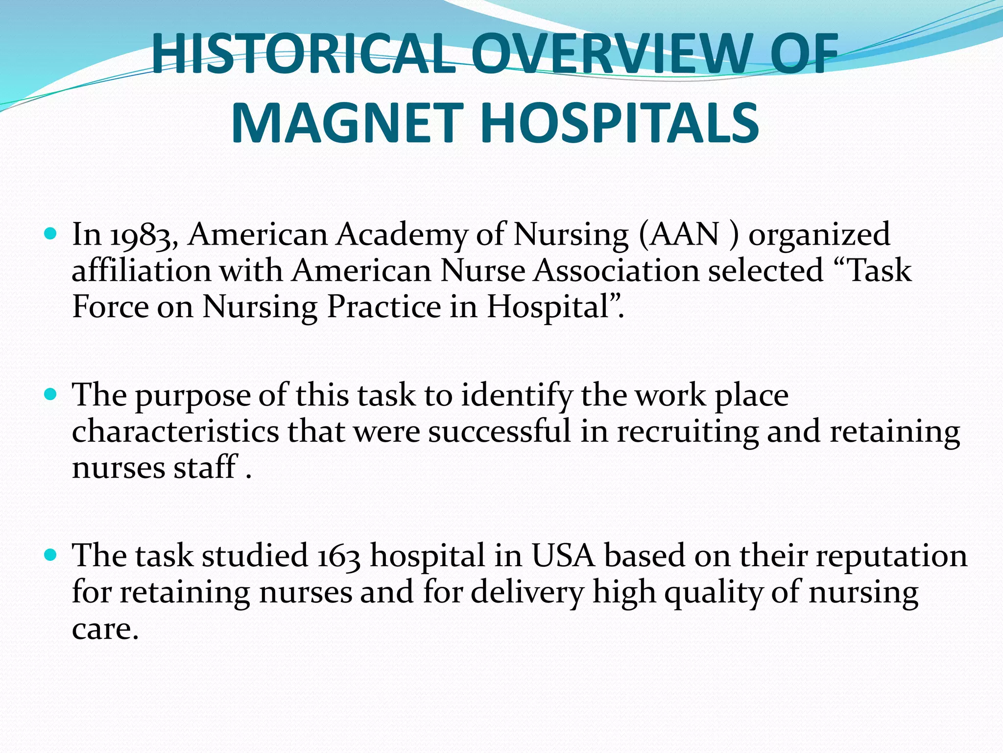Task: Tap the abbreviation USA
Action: (x=563, y=556)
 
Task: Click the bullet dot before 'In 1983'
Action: (x=50, y=233)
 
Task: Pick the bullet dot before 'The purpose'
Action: (x=50, y=394)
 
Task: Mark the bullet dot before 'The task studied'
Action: (x=50, y=555)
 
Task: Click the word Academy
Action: (x=402, y=235)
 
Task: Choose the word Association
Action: (x=617, y=271)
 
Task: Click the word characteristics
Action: (x=175, y=432)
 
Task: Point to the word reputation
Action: (x=891, y=557)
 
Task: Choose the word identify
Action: (x=517, y=396)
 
